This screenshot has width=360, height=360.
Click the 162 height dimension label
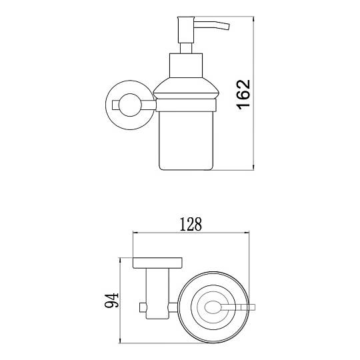[x=243, y=95]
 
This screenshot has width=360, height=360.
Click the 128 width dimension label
[x=191, y=224]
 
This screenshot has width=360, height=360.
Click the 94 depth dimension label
[x=111, y=300]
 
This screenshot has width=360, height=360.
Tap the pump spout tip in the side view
[x=227, y=27]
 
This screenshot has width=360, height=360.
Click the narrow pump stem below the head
[x=186, y=49]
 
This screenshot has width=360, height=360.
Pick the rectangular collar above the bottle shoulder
[x=186, y=65]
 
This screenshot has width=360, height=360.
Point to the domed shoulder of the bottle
[x=186, y=89]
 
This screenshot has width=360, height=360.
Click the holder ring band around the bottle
[x=186, y=105]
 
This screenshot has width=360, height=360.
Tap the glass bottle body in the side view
[x=186, y=141]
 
